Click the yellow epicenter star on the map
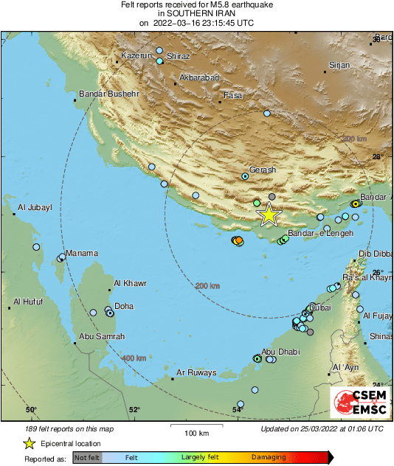[269, 215]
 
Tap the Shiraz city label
[179, 57]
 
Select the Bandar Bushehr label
[109, 94]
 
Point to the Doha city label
[124, 306]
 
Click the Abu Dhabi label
[280, 352]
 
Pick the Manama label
[82, 253]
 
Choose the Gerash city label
[263, 170]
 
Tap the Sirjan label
[339, 66]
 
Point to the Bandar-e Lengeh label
[320, 233]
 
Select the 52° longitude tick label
[134, 410]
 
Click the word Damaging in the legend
[269, 457]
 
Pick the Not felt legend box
[87, 457]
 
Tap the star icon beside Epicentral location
[29, 443]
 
